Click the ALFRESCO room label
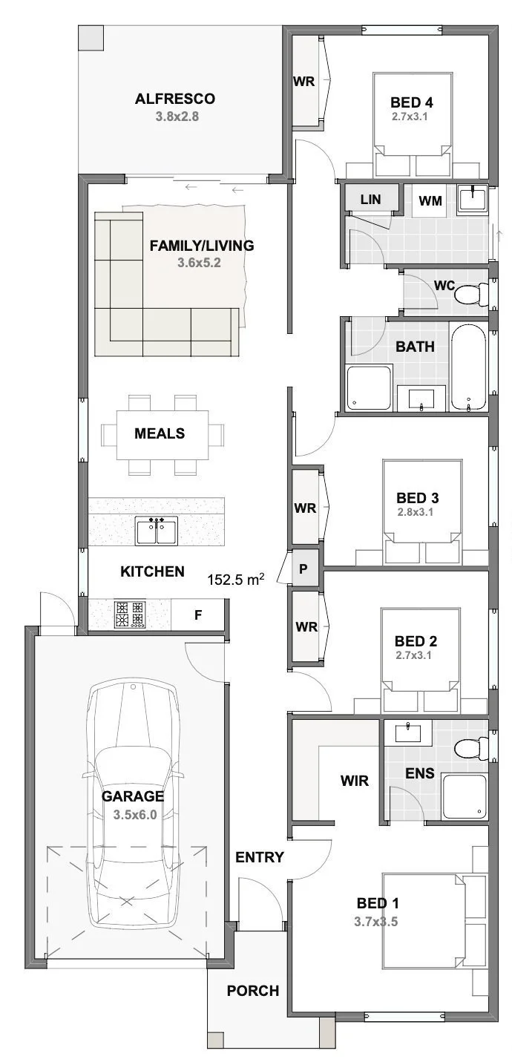point(175,99)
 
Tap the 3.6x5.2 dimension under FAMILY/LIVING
point(199,262)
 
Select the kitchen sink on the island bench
point(157,531)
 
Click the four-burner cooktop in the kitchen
point(130,615)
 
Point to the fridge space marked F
point(197,615)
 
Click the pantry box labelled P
point(303,568)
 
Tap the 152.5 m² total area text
point(236,579)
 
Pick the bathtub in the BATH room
point(468,367)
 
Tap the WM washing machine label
point(430,201)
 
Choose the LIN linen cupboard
point(371,199)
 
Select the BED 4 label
point(412,102)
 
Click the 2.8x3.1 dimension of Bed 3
point(416,512)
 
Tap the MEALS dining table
point(162,434)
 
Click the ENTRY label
point(259,856)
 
